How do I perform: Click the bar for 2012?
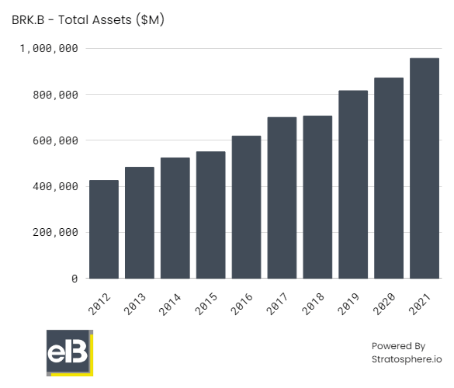pyautogui.click(x=104, y=229)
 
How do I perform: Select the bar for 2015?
pyautogui.click(x=210, y=215)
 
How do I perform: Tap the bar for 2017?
pyautogui.click(x=282, y=198)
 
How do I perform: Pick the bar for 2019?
pyautogui.click(x=353, y=185)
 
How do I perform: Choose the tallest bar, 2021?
pyautogui.click(x=425, y=168)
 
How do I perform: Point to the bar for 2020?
pyautogui.click(x=389, y=178)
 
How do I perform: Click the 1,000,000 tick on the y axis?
pyautogui.click(x=47, y=49)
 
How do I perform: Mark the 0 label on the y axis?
pyautogui.click(x=75, y=278)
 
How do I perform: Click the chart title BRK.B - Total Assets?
pyautogui.click(x=88, y=20)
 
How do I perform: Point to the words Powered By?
pyautogui.click(x=398, y=345)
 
